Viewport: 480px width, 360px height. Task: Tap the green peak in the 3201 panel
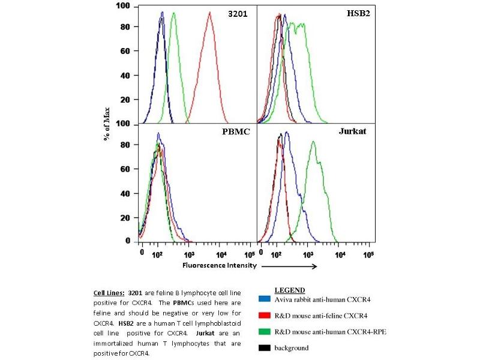(x=173, y=14)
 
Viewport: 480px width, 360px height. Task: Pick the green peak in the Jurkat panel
(x=313, y=142)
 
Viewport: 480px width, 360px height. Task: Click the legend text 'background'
(x=292, y=347)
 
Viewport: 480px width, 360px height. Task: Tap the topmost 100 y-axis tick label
(x=123, y=6)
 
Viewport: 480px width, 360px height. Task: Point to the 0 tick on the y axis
(x=127, y=240)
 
